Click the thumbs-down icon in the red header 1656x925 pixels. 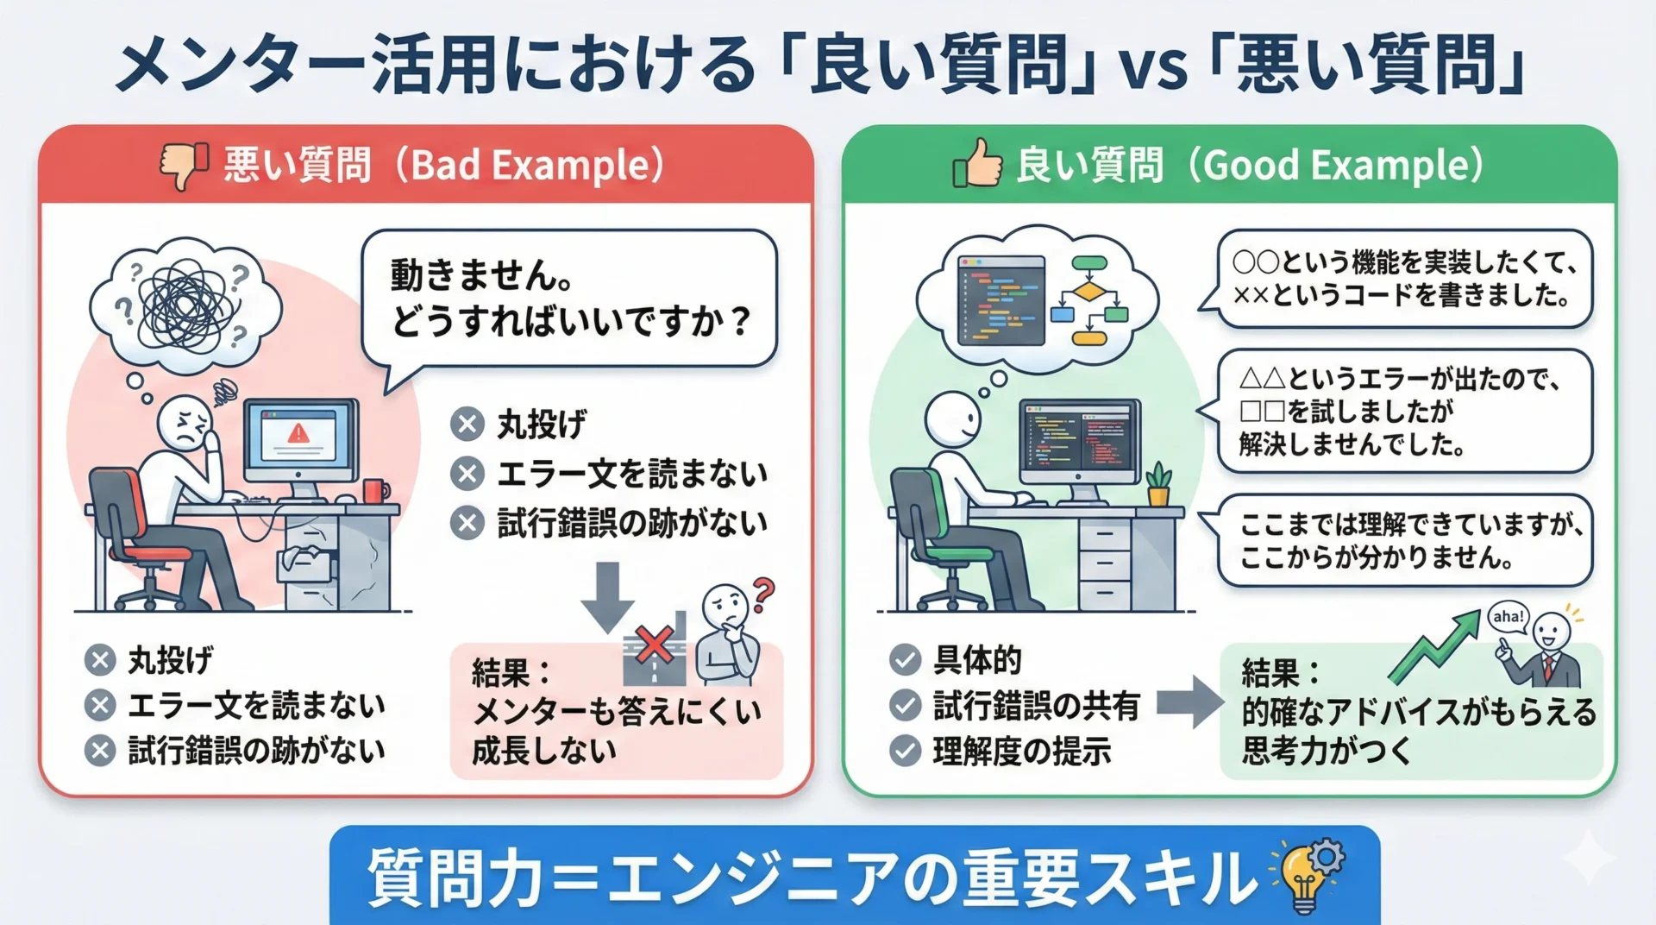coord(184,165)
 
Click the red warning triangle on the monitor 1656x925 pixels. coord(298,432)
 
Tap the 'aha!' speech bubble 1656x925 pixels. coord(1509,618)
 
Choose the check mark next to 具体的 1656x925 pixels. coord(905,660)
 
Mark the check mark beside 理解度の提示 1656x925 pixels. coord(905,751)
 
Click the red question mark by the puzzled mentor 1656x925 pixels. coord(763,594)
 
